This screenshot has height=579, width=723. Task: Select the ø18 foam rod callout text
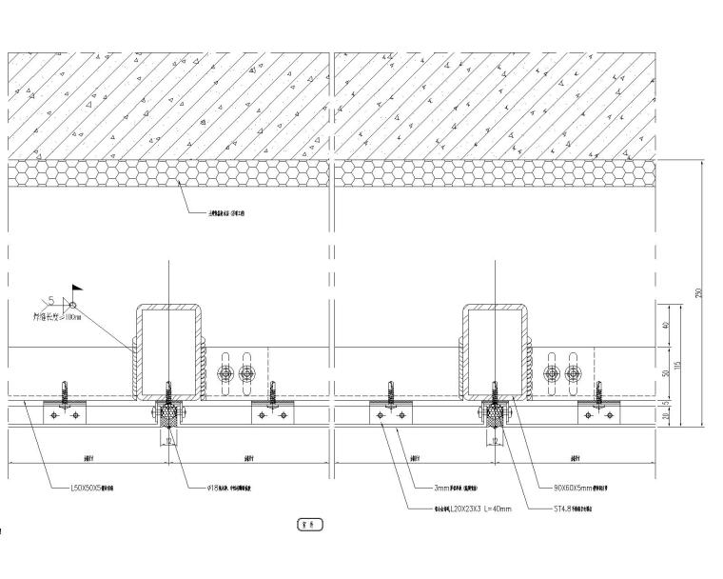pos(229,488)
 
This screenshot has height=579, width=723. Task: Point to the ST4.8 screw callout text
pos(579,509)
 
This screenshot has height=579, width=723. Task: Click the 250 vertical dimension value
pos(700,293)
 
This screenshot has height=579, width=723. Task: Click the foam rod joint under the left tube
pos(169,416)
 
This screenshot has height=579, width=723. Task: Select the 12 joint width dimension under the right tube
pos(495,441)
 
